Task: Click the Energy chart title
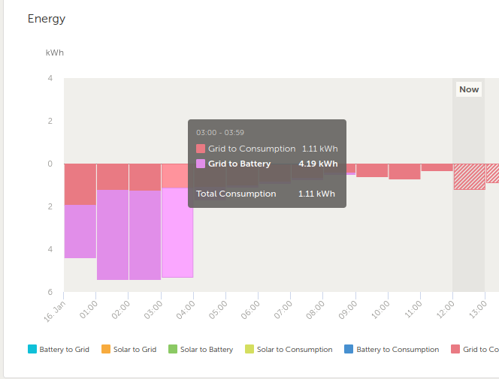point(47,19)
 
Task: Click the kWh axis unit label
point(55,53)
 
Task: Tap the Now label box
point(469,89)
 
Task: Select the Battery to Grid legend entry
point(59,349)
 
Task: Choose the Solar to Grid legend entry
point(129,349)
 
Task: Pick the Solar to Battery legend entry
point(201,349)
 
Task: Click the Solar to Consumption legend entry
point(289,349)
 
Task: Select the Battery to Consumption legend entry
point(392,349)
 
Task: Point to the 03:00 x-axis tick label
point(153,310)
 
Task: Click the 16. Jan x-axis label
point(54,311)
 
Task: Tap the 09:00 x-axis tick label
point(348,310)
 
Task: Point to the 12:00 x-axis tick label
point(446,310)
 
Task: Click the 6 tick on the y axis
point(50,292)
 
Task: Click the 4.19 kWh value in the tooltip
point(318,164)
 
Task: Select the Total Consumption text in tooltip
point(236,194)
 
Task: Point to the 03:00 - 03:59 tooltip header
point(220,133)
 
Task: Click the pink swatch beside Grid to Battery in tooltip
point(201,164)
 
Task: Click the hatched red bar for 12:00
point(470,177)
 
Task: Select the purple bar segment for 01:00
point(113,235)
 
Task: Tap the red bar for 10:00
point(404,172)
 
